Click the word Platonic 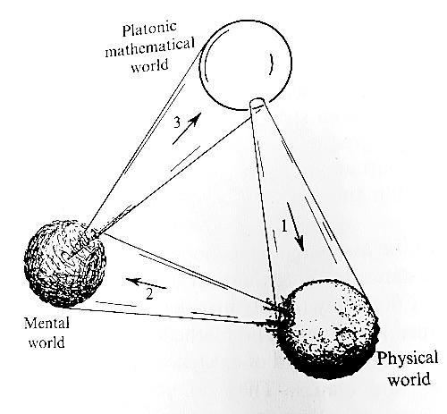click(x=149, y=29)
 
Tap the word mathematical click(x=150, y=47)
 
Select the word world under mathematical click(x=149, y=65)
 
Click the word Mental click(x=46, y=323)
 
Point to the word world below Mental click(x=46, y=342)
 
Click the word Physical click(x=408, y=358)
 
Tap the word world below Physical click(x=409, y=379)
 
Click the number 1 click(x=284, y=226)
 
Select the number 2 click(x=149, y=294)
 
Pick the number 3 click(x=177, y=122)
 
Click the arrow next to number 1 click(x=296, y=226)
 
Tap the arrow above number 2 click(x=146, y=283)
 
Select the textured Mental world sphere click(x=65, y=264)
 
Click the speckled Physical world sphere click(x=326, y=329)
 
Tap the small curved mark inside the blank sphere click(x=271, y=63)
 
